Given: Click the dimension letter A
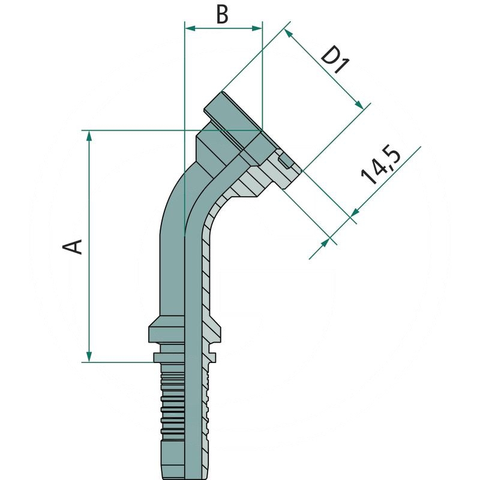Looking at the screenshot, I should coord(74,246).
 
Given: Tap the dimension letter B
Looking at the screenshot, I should coord(223,15).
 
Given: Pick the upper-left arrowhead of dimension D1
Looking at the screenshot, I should coord(290,34).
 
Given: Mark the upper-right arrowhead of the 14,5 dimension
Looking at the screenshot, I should coord(354,212).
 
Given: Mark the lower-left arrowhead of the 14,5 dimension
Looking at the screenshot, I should coord(328,241).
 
